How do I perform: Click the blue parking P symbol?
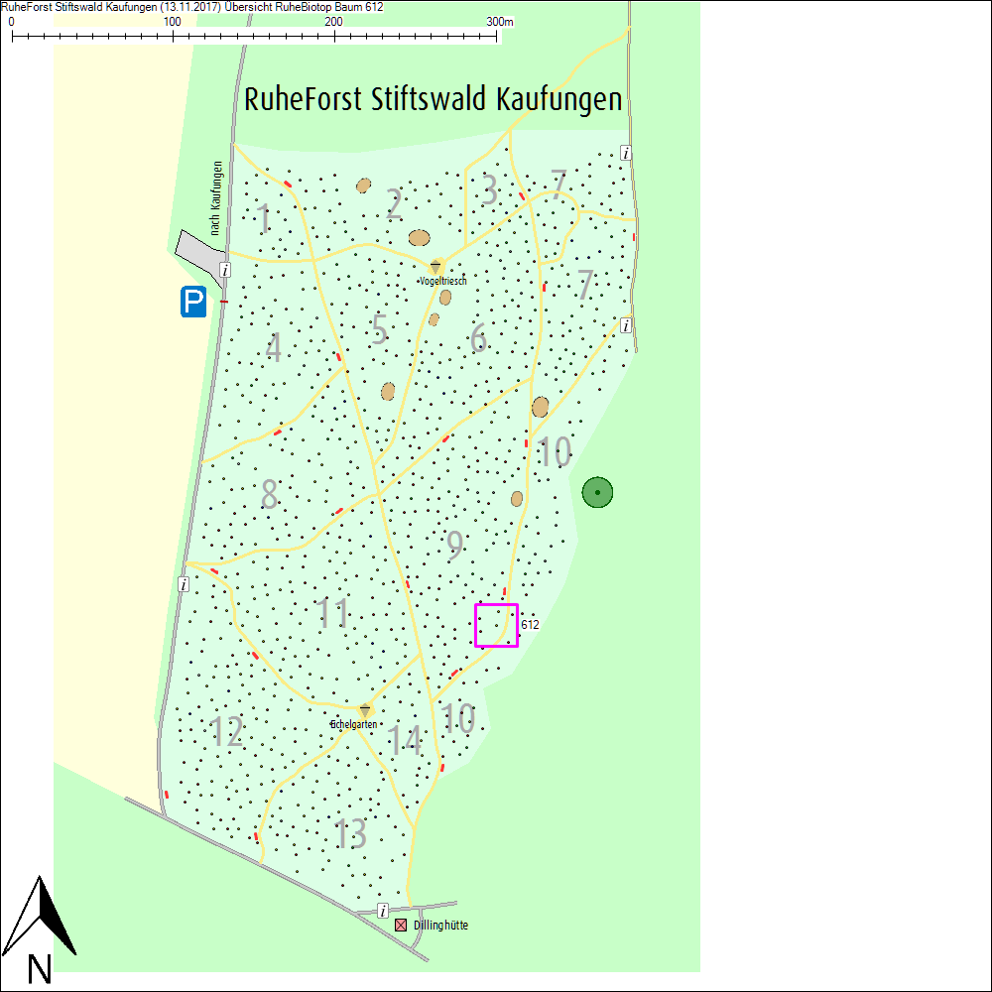[193, 302]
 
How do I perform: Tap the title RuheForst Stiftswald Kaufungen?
[434, 100]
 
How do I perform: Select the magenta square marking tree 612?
[496, 625]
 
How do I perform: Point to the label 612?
[530, 625]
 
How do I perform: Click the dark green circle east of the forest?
[597, 491]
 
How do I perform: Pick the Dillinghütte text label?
[440, 926]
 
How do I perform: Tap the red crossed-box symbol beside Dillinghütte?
[401, 926]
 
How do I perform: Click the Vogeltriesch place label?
[442, 282]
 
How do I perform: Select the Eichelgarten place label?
[354, 725]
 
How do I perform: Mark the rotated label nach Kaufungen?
[216, 198]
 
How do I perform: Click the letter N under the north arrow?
[39, 968]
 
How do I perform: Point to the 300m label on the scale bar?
[500, 22]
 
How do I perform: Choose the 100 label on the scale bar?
[172, 22]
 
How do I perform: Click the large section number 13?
[350, 833]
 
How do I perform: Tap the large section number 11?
[334, 614]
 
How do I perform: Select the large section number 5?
[379, 329]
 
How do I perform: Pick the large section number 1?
[263, 219]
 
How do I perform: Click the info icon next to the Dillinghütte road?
[383, 911]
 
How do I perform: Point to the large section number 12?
[227, 732]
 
